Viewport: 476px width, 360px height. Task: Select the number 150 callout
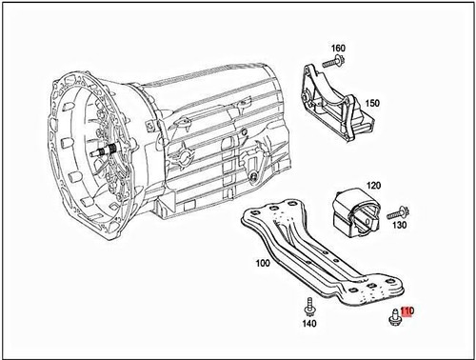tap(372, 103)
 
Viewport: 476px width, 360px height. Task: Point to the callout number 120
tap(373, 186)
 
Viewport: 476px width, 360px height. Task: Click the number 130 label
tap(399, 227)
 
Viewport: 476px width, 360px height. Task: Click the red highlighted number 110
tap(407, 310)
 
